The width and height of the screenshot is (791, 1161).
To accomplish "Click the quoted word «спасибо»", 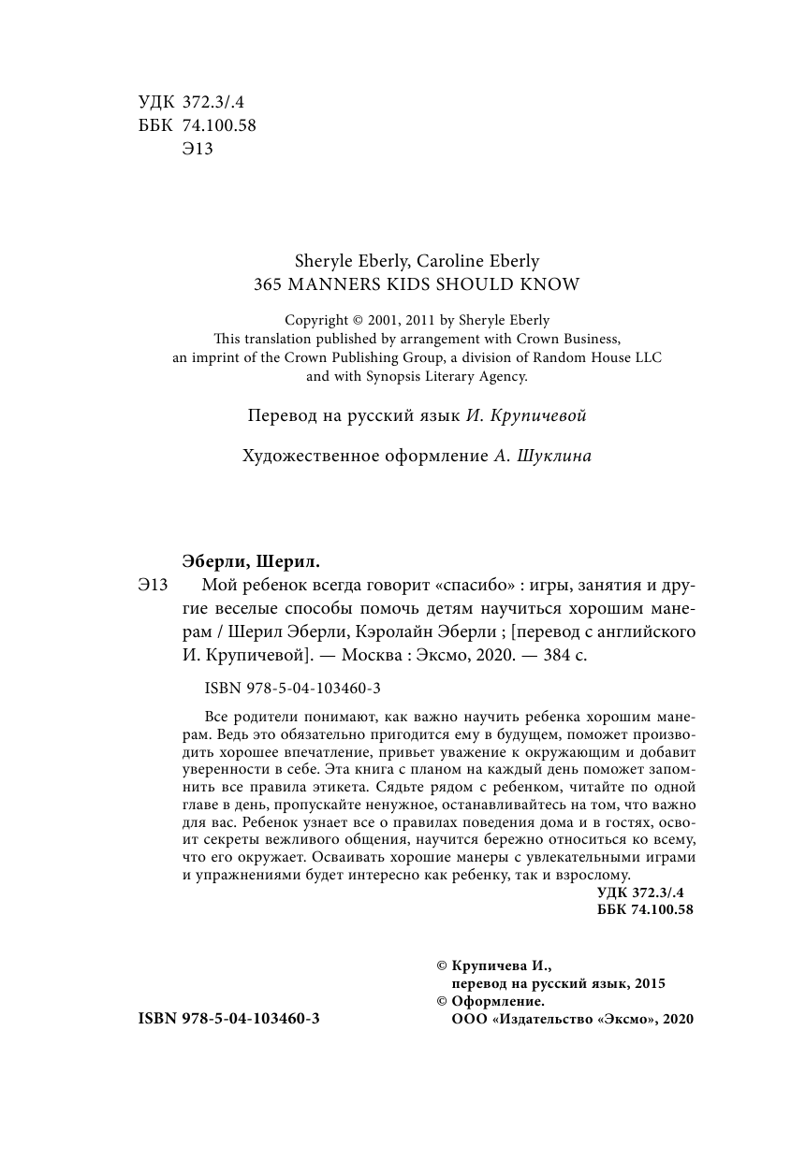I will [x=476, y=587].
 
